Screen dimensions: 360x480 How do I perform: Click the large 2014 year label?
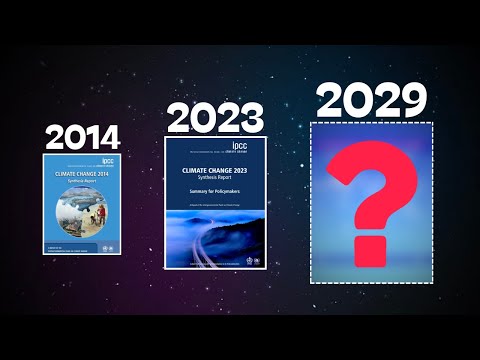pyautogui.click(x=83, y=137)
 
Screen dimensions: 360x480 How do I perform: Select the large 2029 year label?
pyautogui.click(x=371, y=100)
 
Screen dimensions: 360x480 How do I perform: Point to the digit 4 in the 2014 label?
pyautogui.click(x=109, y=137)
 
